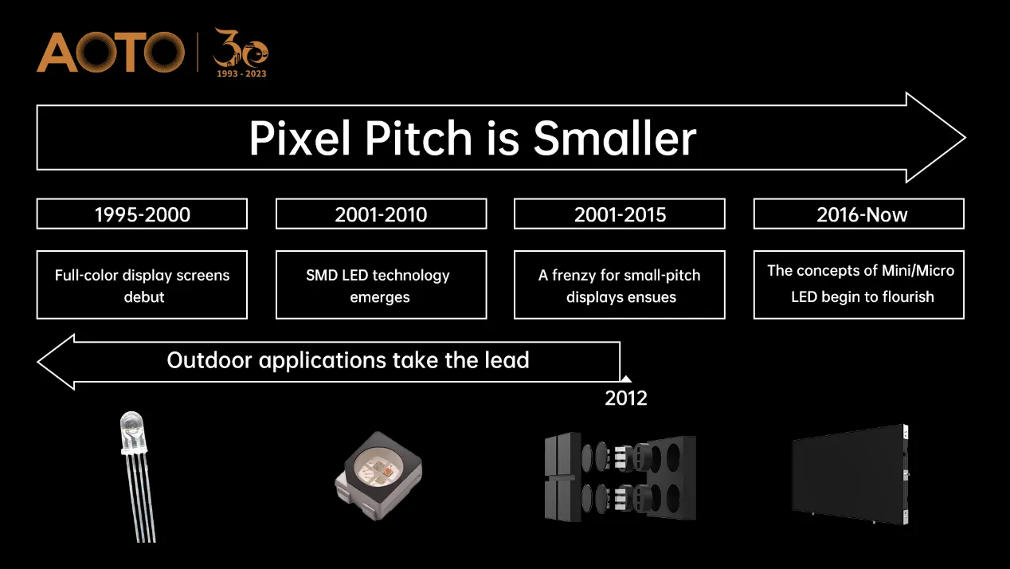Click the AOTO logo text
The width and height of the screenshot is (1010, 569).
pyautogui.click(x=111, y=52)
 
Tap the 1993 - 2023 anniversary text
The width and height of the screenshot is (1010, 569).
pyautogui.click(x=241, y=73)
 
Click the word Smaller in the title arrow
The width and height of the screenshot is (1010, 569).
pyautogui.click(x=615, y=138)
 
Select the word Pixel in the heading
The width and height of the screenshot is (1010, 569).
pyautogui.click(x=299, y=138)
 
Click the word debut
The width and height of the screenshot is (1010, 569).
pyautogui.click(x=144, y=297)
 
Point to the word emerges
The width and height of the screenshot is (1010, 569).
pyautogui.click(x=380, y=298)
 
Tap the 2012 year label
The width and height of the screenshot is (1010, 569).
pyautogui.click(x=626, y=398)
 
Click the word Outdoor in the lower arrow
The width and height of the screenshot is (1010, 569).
pyautogui.click(x=209, y=360)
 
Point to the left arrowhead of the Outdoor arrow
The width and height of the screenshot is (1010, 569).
pyautogui.click(x=56, y=362)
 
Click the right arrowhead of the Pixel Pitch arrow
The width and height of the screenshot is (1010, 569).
pyautogui.click(x=936, y=138)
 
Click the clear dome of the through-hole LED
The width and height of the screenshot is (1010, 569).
pyautogui.click(x=132, y=431)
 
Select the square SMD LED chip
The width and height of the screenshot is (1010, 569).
pyautogui.click(x=378, y=476)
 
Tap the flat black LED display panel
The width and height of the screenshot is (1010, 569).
pyautogui.click(x=851, y=475)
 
